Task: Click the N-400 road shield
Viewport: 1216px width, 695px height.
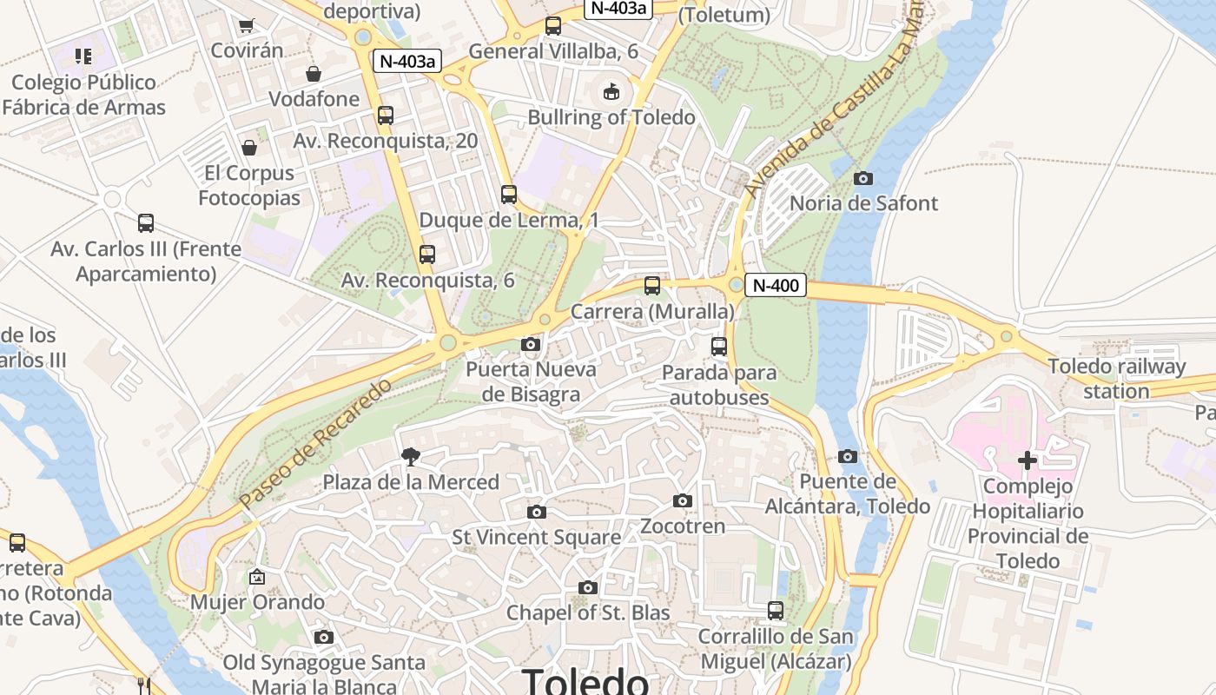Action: (x=775, y=285)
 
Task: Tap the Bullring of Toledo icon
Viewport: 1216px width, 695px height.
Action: (x=611, y=91)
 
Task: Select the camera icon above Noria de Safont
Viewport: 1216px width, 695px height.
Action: (x=862, y=178)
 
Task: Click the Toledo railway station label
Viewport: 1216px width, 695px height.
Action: (x=1116, y=379)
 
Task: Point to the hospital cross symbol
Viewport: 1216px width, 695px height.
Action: (x=1028, y=460)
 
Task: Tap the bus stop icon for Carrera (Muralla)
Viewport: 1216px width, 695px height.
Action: (x=651, y=286)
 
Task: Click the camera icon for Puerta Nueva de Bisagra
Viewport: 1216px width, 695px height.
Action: (x=531, y=344)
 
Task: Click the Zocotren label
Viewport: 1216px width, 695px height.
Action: (x=683, y=526)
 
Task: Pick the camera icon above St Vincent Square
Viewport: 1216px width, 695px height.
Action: (x=537, y=512)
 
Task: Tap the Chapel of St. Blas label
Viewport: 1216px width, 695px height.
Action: (x=588, y=612)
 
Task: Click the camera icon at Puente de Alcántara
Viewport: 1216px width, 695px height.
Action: (x=848, y=456)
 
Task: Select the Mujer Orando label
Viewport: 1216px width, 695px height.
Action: (x=257, y=602)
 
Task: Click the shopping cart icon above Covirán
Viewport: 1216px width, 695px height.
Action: (x=247, y=25)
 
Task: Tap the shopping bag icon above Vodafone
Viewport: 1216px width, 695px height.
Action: (x=313, y=74)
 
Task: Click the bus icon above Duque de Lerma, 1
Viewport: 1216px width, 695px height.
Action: (x=509, y=195)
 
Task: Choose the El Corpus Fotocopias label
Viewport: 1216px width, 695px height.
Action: (x=249, y=185)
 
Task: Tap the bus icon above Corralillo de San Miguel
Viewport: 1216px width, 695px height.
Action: (x=775, y=611)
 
